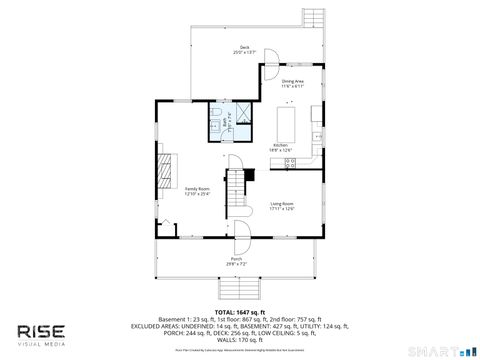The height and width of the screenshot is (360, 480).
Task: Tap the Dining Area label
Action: point(292,85)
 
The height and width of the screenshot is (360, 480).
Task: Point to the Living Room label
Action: point(282,207)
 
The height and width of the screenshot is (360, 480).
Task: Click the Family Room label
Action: point(196,191)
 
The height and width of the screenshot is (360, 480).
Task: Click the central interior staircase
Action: point(237,190)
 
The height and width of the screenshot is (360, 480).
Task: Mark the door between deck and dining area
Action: point(270,72)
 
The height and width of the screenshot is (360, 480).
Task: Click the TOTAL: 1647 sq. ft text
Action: point(240,312)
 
